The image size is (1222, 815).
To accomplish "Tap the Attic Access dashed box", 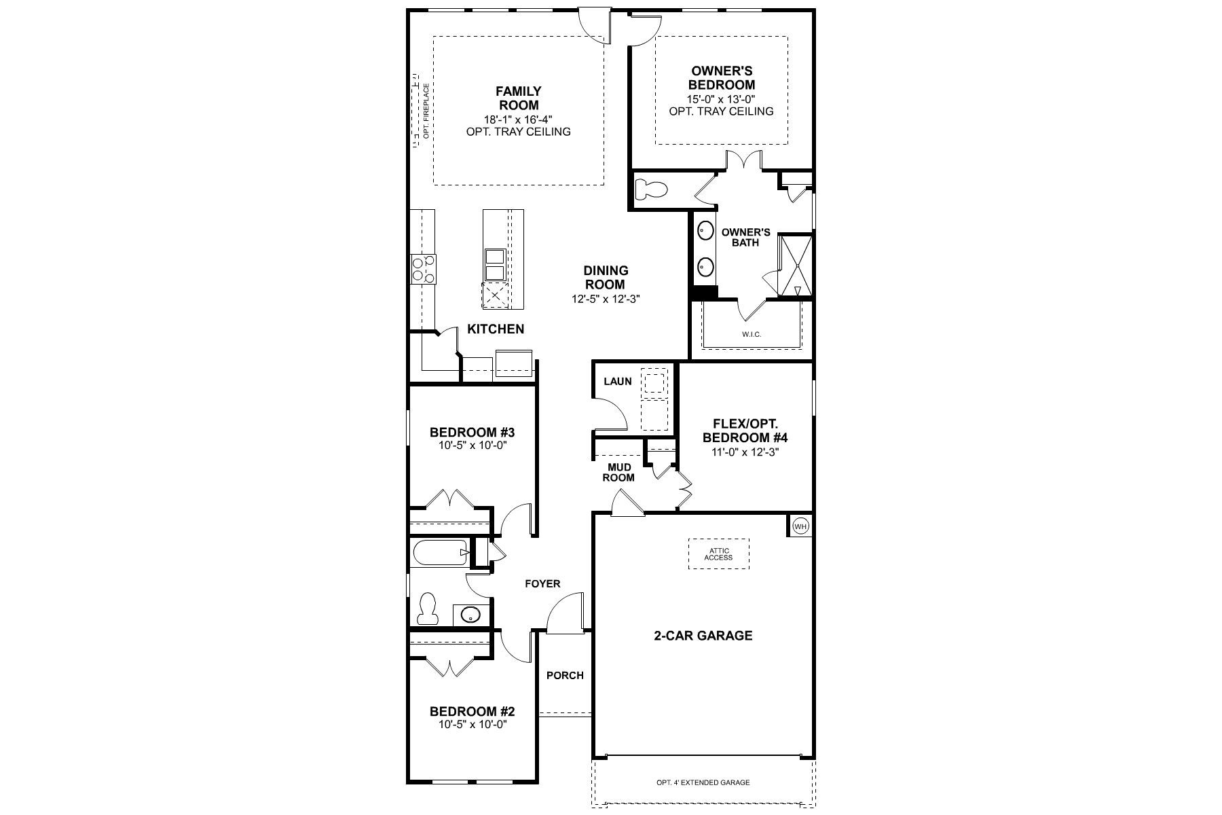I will point(718,554).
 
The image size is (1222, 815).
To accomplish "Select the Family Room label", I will point(519,98).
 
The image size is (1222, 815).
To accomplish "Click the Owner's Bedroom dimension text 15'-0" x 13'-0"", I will point(721,98).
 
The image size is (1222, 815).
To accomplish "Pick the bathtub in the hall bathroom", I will point(440,553).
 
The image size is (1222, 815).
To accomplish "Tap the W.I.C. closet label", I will point(752,334).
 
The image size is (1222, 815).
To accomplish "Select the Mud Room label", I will point(618,472).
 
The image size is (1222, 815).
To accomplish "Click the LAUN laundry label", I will point(617,381).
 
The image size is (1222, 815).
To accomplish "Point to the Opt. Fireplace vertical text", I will point(426,111).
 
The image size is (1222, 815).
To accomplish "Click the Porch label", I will point(565,675).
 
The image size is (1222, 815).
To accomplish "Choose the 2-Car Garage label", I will point(703,636).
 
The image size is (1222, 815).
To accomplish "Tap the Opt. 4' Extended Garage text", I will point(703,782).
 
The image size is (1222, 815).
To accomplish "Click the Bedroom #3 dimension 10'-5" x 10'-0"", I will point(473,446).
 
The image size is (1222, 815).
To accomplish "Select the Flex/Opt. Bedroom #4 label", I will point(745,431).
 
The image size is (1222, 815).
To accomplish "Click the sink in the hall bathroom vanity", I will point(470,615).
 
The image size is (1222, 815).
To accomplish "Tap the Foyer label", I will point(542,583).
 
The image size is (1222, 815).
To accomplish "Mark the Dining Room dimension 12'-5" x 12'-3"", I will point(606,298).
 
